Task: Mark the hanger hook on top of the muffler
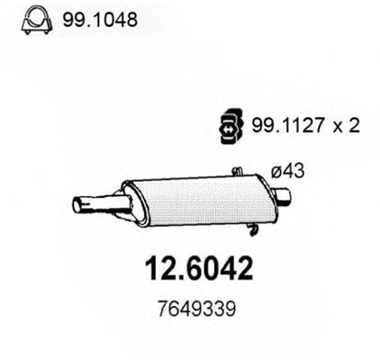[236, 171]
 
